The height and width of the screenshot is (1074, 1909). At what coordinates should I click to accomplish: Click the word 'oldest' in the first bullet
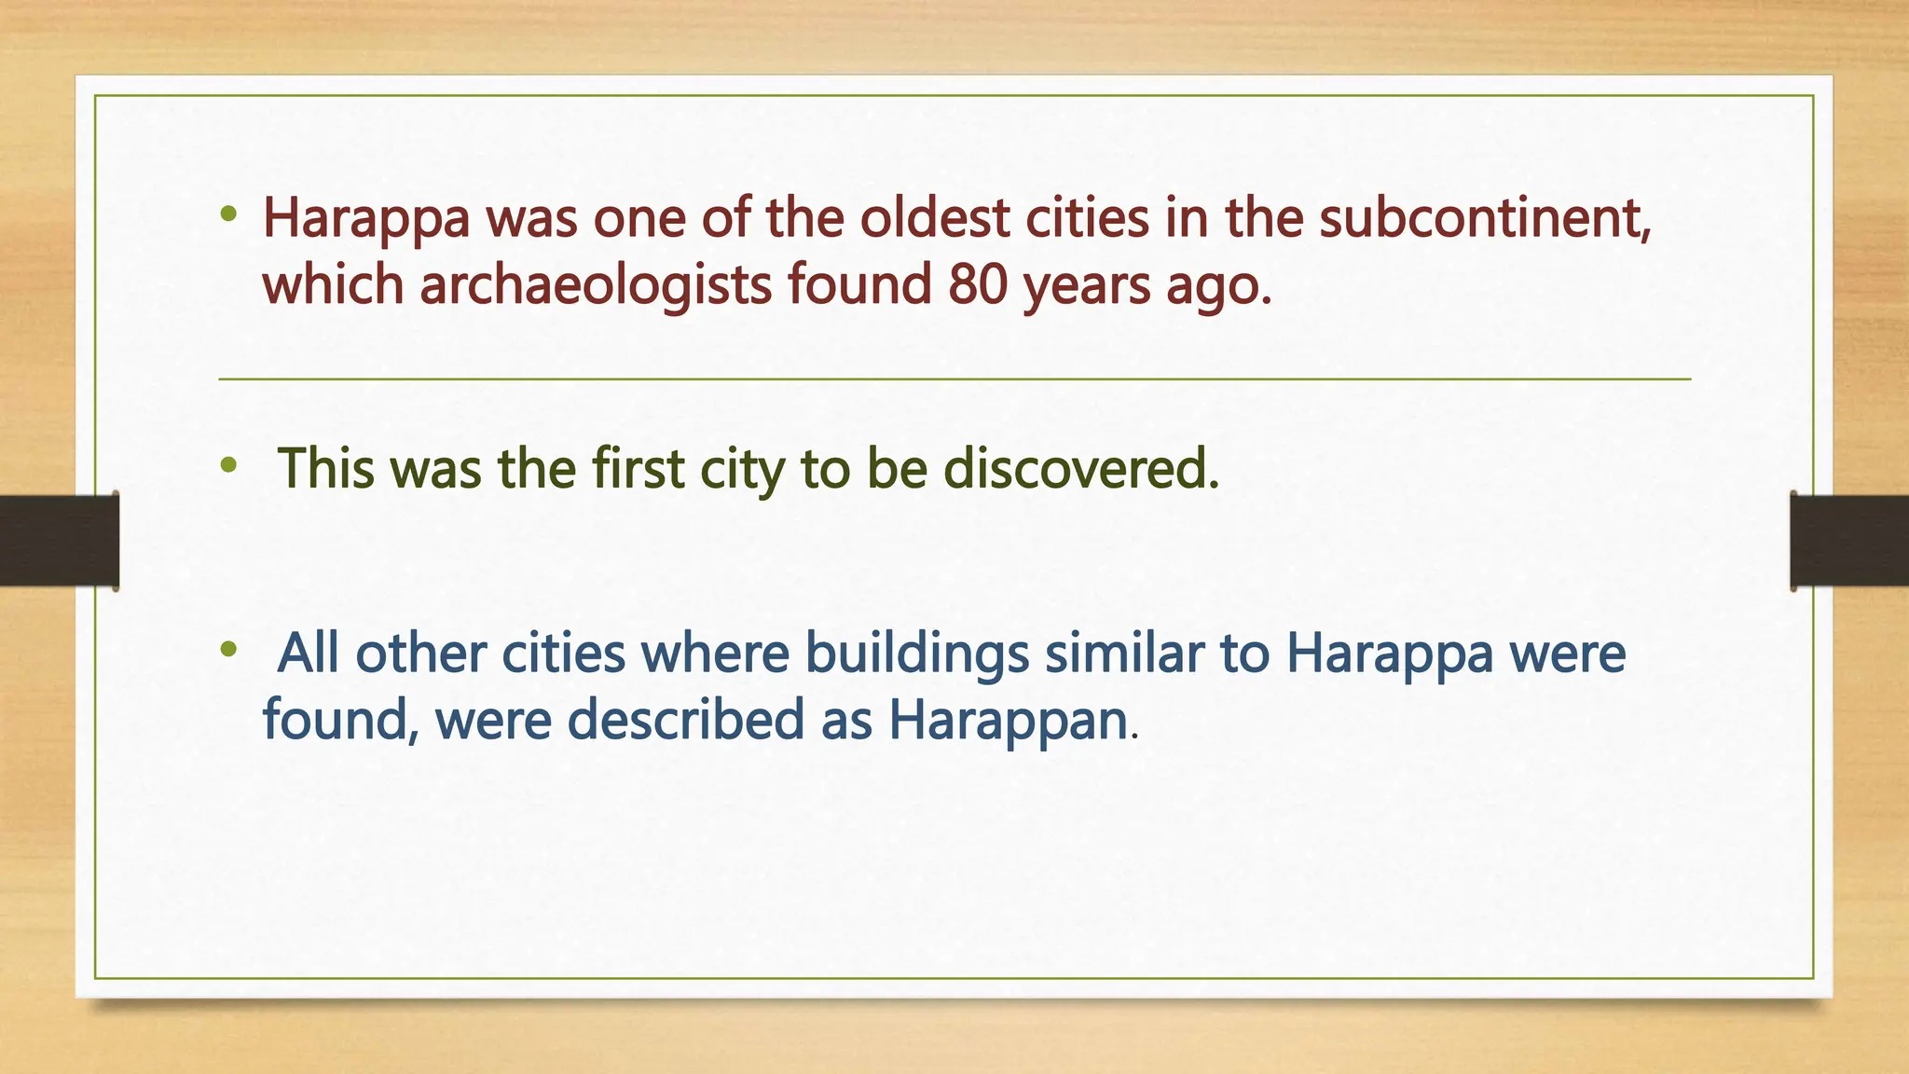934,218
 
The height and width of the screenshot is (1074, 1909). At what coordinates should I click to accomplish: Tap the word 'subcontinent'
1484,218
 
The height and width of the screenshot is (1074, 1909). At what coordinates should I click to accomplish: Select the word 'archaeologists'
596,284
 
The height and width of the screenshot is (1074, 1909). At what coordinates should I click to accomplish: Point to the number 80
978,284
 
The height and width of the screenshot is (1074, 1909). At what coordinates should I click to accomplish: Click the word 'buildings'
917,654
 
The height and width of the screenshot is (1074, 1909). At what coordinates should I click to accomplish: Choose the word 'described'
685,721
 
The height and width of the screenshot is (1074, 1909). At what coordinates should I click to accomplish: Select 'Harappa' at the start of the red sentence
366,220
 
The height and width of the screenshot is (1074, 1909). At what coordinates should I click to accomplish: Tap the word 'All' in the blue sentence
309,653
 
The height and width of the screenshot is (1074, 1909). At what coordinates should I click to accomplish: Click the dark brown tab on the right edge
1849,541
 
